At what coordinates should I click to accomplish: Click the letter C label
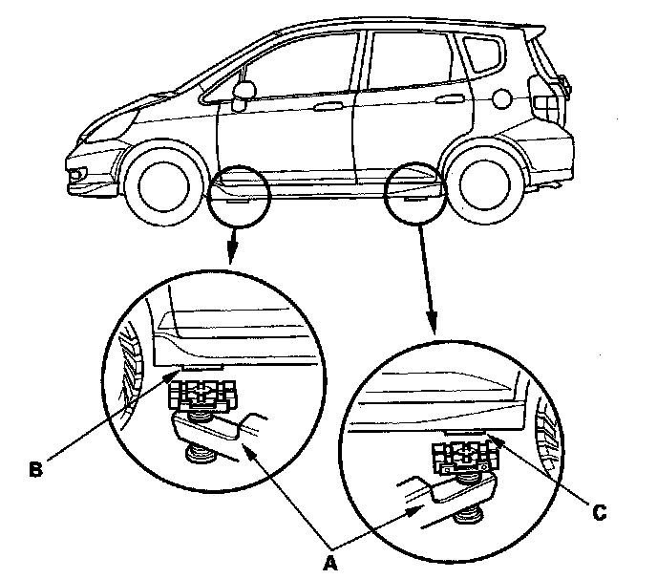[x=599, y=514]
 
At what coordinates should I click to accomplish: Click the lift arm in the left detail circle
[x=215, y=430]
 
